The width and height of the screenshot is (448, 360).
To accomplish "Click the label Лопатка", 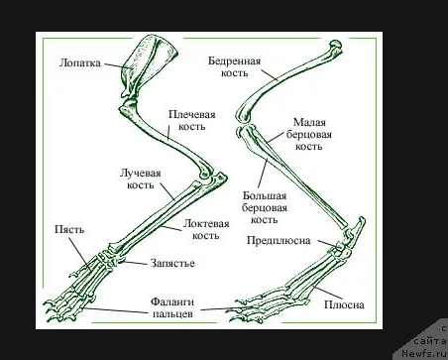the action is [80, 62].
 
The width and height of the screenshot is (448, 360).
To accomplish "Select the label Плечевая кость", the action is [192, 120].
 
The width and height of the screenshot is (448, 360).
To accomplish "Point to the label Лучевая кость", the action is [141, 179].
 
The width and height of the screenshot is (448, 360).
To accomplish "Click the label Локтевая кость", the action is [206, 229].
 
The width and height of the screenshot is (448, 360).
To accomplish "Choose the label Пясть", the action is [69, 229].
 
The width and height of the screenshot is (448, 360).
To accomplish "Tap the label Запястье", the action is [172, 263].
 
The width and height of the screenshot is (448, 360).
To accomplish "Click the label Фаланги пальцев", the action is [172, 307].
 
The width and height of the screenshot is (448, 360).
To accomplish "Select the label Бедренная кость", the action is [234, 66].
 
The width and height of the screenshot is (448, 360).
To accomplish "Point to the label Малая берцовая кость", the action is [309, 134].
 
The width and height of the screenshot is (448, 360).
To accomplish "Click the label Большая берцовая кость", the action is [265, 207].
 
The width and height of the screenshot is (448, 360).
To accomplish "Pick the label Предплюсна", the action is [279, 240].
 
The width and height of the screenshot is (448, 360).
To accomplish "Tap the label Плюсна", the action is [344, 304].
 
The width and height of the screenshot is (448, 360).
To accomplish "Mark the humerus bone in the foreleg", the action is [167, 137].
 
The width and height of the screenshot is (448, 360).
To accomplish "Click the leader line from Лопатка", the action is [120, 65].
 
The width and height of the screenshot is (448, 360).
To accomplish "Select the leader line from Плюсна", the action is [328, 294].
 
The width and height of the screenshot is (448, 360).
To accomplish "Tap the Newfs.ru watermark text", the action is [425, 353].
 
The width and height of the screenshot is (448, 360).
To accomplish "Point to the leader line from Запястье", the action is [135, 263].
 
